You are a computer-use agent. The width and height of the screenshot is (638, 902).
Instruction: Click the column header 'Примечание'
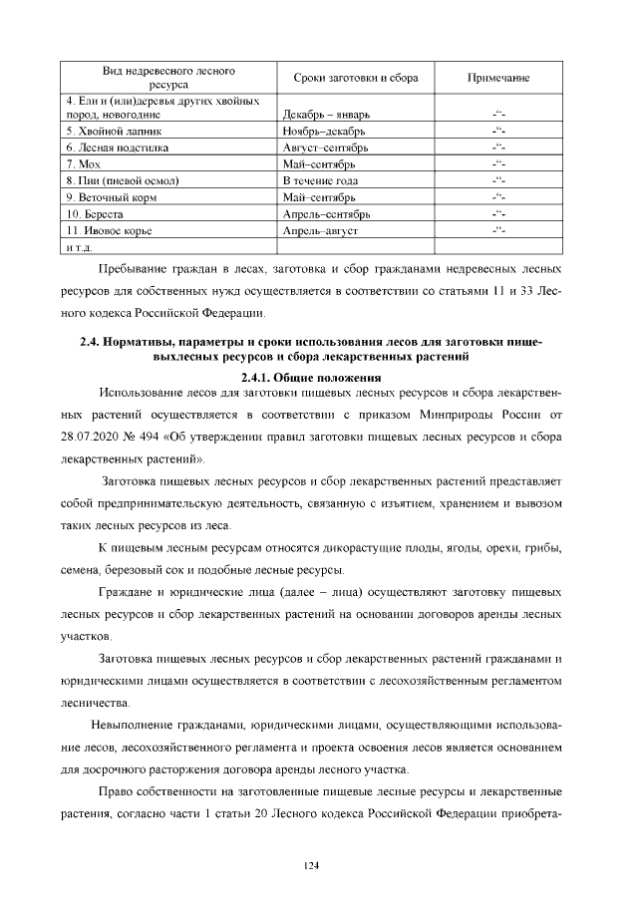coord(497,78)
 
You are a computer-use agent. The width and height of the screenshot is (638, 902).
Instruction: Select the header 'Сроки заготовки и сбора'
coord(356,78)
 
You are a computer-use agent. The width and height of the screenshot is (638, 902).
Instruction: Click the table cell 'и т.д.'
coord(79,246)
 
